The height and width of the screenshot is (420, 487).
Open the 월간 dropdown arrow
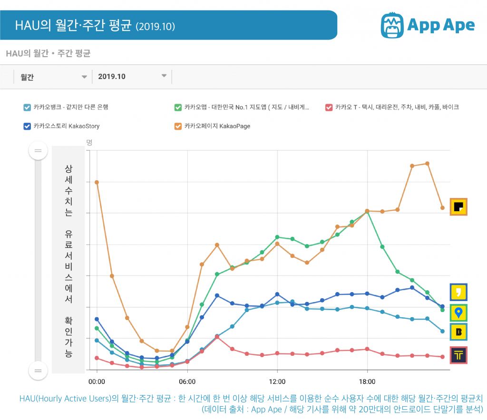84,76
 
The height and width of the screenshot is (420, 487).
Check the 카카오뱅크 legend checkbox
27,107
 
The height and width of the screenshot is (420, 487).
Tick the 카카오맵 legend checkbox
178,107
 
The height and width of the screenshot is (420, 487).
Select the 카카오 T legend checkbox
329,107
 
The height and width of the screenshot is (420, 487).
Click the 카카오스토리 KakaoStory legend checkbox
27,126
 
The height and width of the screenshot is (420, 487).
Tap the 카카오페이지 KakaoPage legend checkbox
178,126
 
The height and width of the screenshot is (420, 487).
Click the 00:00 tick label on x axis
97,381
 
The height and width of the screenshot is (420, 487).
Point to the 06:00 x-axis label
187,381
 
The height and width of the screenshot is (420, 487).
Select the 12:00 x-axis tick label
277,381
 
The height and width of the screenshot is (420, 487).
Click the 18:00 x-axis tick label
367,381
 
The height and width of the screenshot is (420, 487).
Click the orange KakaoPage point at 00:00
97,182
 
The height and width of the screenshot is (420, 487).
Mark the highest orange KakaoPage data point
428,164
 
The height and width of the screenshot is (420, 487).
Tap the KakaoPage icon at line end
459,207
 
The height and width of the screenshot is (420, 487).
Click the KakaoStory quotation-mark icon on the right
459,292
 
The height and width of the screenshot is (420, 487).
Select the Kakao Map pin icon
459,313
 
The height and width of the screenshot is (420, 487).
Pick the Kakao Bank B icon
459,332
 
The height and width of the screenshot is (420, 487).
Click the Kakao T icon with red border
459,355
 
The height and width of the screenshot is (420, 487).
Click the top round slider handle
38,151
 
